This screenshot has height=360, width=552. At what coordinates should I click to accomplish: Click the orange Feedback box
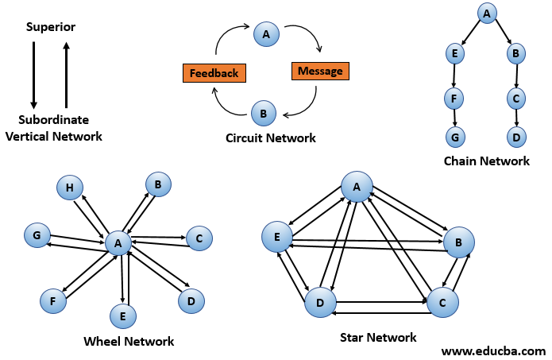coord(214,73)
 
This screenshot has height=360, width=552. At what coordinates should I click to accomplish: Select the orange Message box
coord(320,71)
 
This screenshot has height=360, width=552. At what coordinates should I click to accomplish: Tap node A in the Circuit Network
coord(266,34)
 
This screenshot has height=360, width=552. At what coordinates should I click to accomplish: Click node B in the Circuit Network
coord(263,114)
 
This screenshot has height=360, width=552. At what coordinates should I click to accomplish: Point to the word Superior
coord(51,27)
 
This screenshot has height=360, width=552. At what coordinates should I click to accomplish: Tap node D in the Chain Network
coord(517,137)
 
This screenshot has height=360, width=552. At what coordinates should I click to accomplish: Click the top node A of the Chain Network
coord(487,12)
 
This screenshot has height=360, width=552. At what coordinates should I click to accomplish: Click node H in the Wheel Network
coord(69,188)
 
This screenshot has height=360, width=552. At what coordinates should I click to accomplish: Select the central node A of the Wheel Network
coord(118,243)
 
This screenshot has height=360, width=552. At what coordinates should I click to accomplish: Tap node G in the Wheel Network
coord(37,235)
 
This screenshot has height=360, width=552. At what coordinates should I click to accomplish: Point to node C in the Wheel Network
coord(199,237)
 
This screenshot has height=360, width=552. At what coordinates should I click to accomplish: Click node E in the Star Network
coord(276,237)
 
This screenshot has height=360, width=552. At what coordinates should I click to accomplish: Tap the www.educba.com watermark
coord(493,350)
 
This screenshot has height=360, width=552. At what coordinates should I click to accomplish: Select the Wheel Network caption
coord(129,342)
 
